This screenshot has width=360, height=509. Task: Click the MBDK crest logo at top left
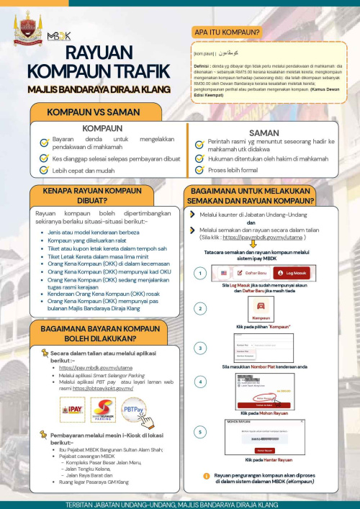[27, 25]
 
